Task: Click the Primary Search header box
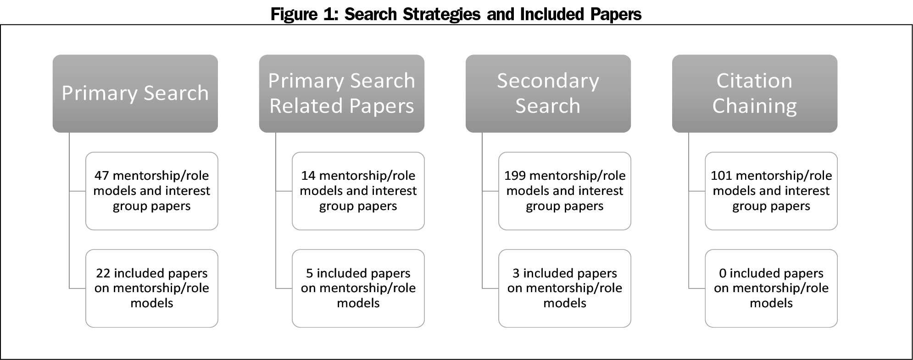(135, 94)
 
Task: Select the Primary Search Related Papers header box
(341, 94)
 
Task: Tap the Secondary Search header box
(548, 94)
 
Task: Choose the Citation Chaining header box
(754, 94)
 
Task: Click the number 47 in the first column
(102, 176)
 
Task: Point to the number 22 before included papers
(103, 273)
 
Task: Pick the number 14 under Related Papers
(308, 176)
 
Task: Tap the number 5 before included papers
(310, 273)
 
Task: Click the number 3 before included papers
(516, 273)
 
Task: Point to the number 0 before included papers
(723, 273)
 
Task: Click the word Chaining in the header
(754, 106)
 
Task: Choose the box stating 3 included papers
(564, 288)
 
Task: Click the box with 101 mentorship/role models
(771, 191)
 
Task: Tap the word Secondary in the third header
(548, 81)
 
